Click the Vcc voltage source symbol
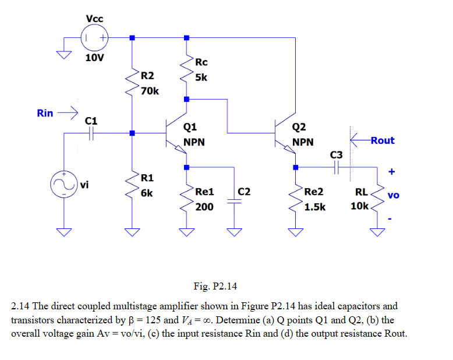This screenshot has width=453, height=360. [94, 38]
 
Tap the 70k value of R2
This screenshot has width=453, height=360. [150, 91]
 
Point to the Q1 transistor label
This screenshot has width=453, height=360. [190, 127]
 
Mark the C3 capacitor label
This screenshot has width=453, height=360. [337, 155]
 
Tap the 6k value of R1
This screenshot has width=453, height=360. [147, 192]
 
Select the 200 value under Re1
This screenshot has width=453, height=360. [204, 206]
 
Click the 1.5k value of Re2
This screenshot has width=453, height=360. [315, 206]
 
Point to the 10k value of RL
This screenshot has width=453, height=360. [359, 206]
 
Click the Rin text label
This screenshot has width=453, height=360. [45, 113]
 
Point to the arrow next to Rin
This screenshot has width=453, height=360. [69, 112]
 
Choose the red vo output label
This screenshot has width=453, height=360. [393, 195]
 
